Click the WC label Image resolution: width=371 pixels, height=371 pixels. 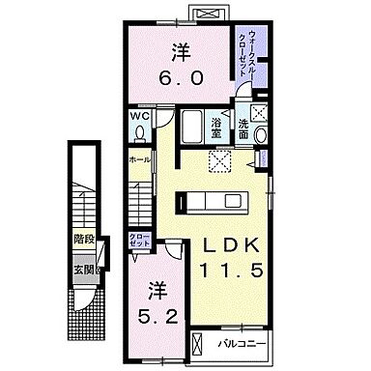tap(137, 119)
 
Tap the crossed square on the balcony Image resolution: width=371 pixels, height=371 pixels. tap(198, 341)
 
